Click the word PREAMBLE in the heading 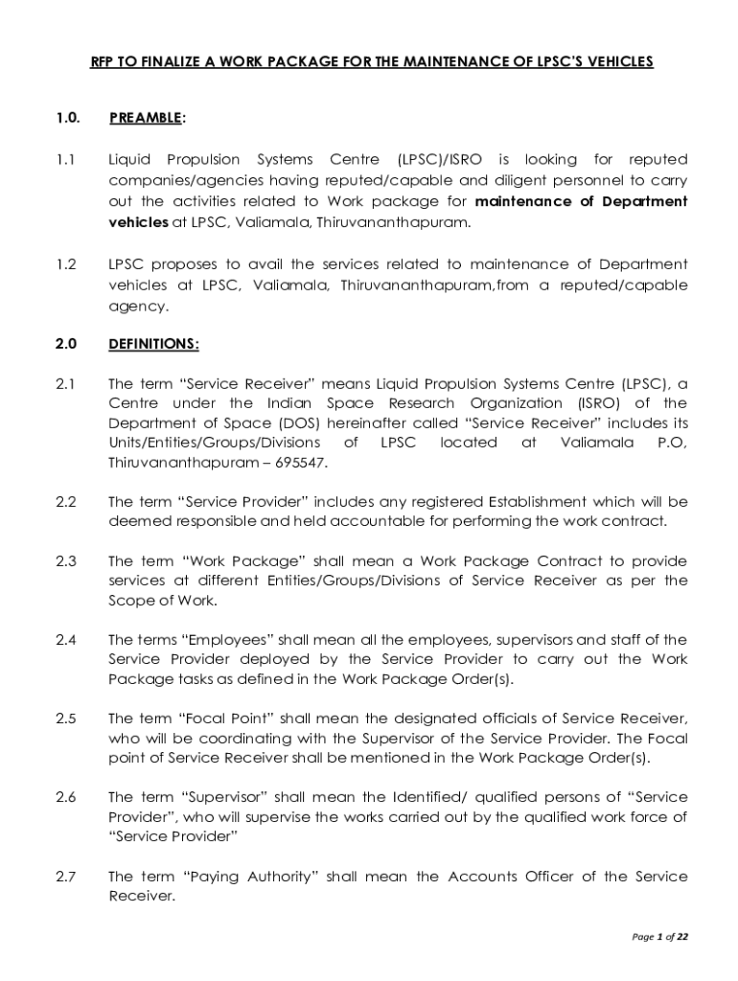point(144,118)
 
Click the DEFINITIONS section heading point(153,343)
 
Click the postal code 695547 point(303,463)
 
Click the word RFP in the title point(102,61)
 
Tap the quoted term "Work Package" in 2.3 point(230,561)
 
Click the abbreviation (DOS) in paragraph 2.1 point(299,423)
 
